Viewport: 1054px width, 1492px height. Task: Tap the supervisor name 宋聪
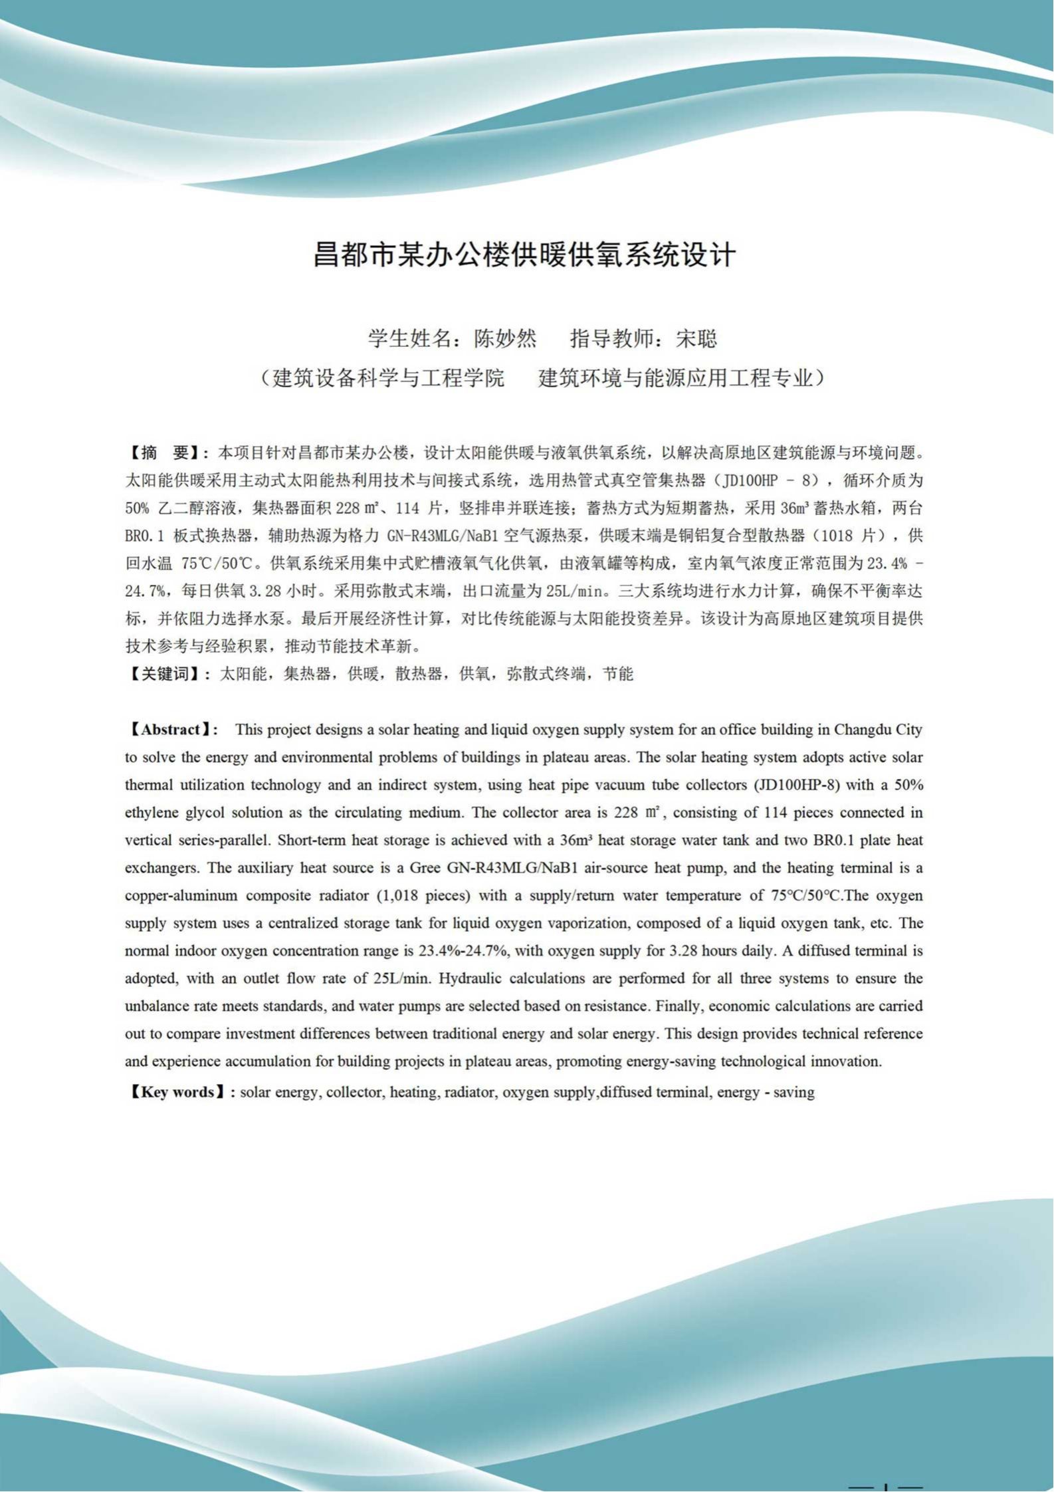696,339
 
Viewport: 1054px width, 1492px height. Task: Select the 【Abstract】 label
171,730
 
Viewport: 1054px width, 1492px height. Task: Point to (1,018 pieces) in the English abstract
423,896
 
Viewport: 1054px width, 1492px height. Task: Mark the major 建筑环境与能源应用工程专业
675,378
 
